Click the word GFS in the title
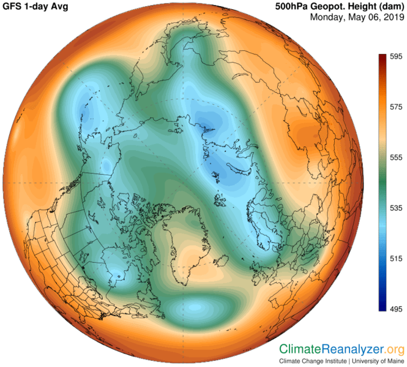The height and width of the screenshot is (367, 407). [x=15, y=6]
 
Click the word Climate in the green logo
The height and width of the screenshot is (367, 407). [x=301, y=349]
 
